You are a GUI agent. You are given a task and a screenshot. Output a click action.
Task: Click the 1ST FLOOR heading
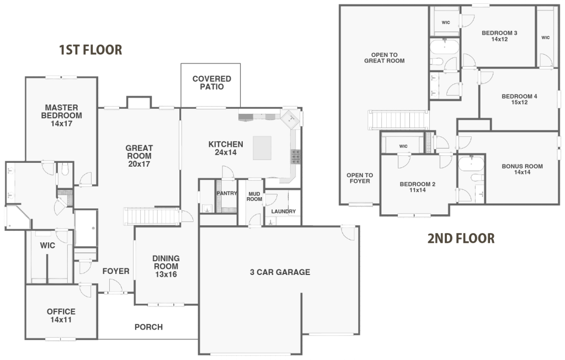point(90,50)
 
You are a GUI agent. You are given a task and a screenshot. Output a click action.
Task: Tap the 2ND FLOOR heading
point(461,239)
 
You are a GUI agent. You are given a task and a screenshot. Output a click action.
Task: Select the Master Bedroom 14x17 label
point(61,115)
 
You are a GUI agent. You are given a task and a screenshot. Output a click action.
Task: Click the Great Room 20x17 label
point(139,156)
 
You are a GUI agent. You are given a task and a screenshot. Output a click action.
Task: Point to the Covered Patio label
point(211,83)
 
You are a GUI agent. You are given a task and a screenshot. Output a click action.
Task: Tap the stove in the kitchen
point(296,157)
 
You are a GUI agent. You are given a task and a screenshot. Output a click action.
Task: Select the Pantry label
point(226,193)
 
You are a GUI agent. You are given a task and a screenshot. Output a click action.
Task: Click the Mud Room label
point(254,196)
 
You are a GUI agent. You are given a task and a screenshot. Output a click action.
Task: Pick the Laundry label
point(283,211)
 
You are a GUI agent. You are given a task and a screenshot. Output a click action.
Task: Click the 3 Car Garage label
point(280,272)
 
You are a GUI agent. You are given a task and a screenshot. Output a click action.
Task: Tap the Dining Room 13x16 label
point(166,266)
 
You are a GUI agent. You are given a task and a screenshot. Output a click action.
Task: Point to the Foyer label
point(116,271)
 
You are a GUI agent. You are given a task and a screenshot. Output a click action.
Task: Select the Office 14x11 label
point(61,315)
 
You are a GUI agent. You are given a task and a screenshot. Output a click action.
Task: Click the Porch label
point(148,327)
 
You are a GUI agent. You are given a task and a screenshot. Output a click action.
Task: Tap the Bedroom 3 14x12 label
point(499,36)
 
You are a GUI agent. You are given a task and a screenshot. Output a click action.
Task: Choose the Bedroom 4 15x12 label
point(519,99)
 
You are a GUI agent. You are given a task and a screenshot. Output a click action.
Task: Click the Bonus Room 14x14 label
point(522,170)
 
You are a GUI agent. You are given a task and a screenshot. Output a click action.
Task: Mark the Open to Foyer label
point(359,178)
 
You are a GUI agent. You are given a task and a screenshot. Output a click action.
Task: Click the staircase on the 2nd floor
point(399,119)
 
